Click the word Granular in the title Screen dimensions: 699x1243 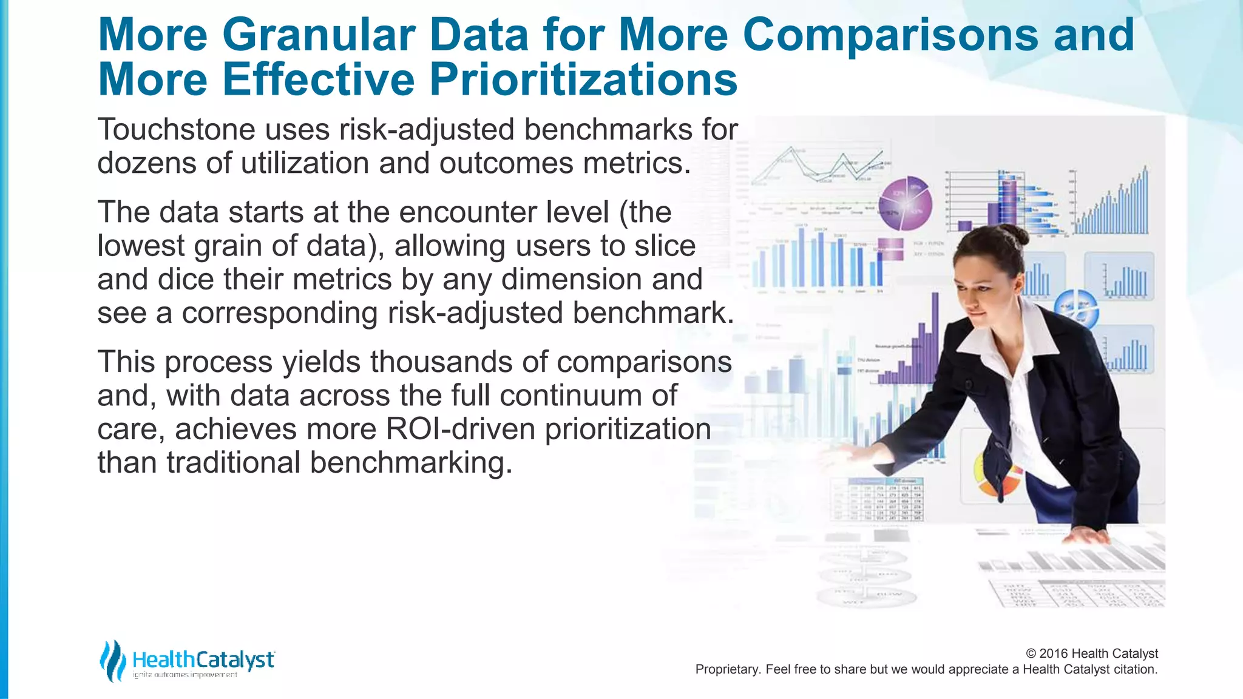pyautogui.click(x=318, y=35)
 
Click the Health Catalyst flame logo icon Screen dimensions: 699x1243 pyautogui.click(x=113, y=660)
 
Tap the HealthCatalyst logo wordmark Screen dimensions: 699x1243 pyautogui.click(x=203, y=660)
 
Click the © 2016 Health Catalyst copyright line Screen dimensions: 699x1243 pyautogui.click(x=1091, y=653)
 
